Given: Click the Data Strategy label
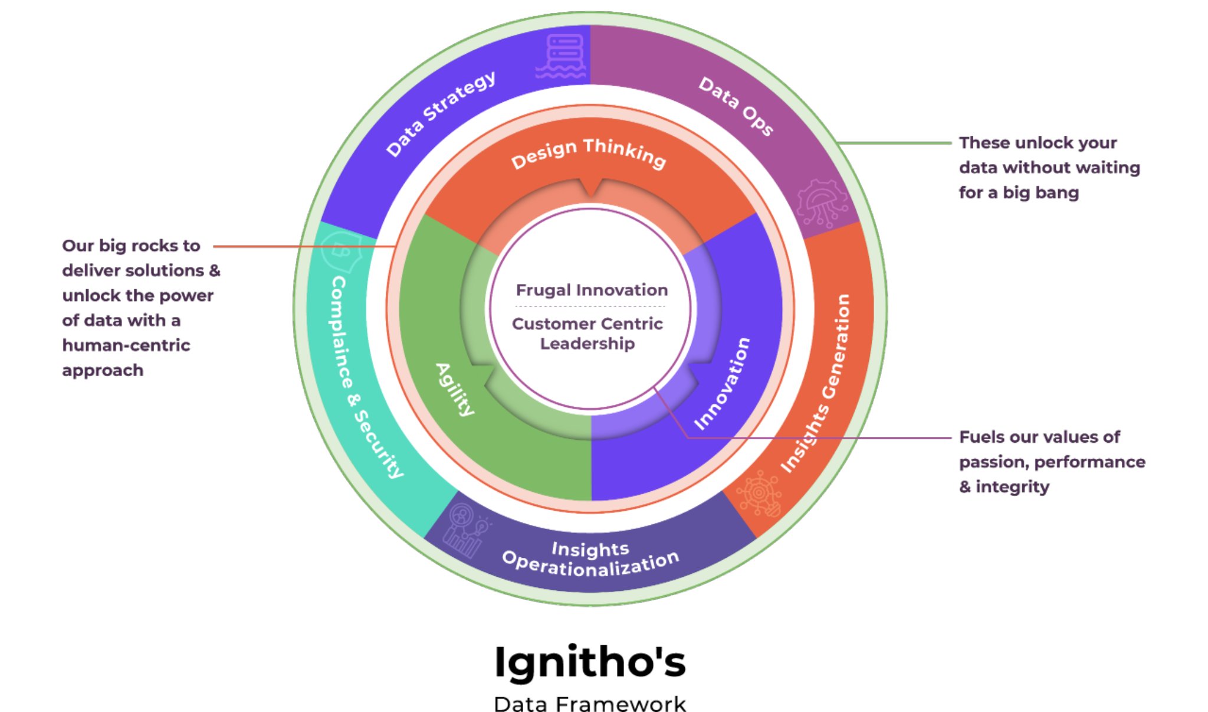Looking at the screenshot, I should click(441, 113).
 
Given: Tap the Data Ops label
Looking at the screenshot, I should click(736, 106).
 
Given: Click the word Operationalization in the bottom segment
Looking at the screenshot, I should click(590, 564).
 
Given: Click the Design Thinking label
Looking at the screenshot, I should click(588, 153).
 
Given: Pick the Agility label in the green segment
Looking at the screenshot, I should click(455, 389).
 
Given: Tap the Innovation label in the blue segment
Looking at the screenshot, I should click(722, 384).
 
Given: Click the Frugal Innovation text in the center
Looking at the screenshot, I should click(592, 290).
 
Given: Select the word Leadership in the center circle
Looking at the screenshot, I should click(587, 344).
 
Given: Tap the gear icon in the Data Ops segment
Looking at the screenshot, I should click(822, 203).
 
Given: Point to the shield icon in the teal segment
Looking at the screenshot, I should click(342, 252).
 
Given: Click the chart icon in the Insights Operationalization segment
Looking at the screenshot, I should click(465, 531).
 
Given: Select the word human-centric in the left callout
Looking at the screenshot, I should click(126, 345).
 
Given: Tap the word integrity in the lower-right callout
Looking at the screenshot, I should click(1012, 487).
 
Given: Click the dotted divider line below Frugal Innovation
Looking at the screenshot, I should click(590, 306).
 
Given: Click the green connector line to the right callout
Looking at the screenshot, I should click(894, 143).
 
